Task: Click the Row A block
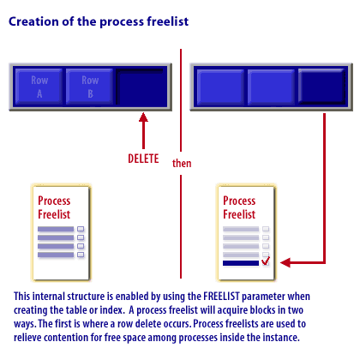(39, 87)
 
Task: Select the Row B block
(90, 87)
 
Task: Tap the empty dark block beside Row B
(141, 87)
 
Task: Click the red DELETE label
(143, 159)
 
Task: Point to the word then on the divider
(182, 163)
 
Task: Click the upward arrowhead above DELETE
(143, 117)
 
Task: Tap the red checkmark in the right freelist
(266, 261)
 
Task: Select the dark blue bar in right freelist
(241, 263)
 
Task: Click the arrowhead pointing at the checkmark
(285, 262)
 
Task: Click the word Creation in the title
(33, 21)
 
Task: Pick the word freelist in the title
(168, 21)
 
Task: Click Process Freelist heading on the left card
(54, 207)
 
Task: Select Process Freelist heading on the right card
(239, 207)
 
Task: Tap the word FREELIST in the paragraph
(221, 297)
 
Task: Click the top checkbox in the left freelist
(81, 229)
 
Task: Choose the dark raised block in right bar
(321, 86)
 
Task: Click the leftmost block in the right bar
(220, 87)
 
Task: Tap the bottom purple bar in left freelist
(56, 255)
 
